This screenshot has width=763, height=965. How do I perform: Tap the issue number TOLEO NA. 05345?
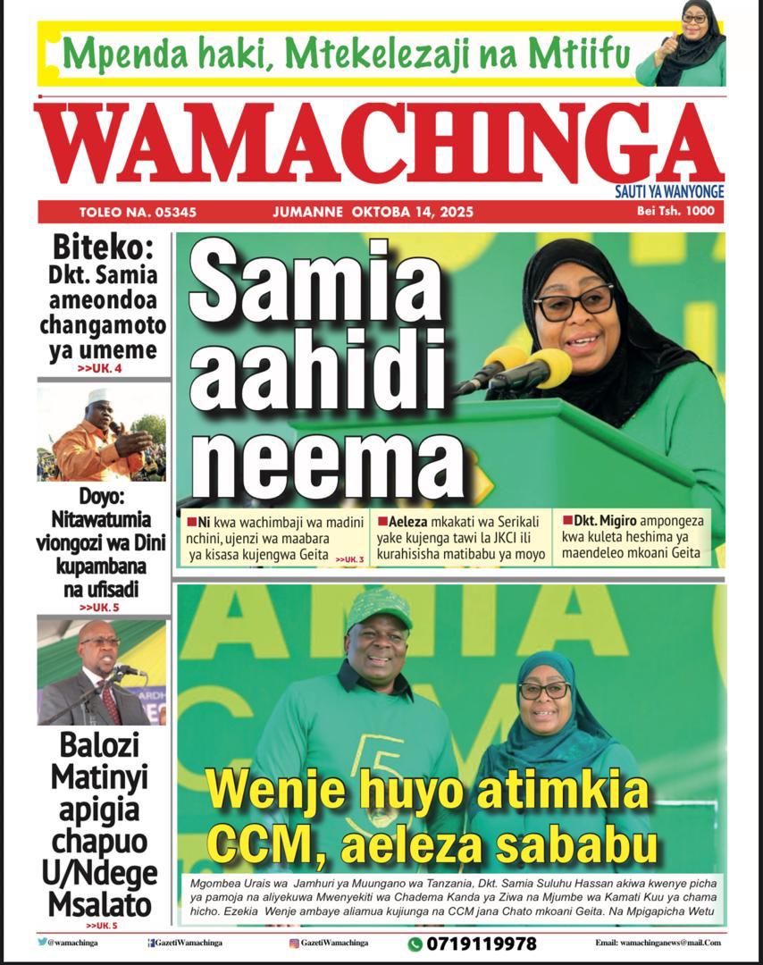[138, 213]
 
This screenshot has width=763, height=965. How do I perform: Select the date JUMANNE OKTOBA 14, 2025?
[373, 213]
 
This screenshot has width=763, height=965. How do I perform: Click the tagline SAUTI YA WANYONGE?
[669, 191]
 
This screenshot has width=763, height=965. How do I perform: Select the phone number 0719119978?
[482, 944]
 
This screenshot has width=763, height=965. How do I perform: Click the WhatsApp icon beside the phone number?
[415, 944]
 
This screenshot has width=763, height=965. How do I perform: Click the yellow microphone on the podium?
[547, 366]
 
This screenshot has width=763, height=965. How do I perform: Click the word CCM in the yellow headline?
[264, 844]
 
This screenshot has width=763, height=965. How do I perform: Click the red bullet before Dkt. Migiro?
[567, 518]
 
